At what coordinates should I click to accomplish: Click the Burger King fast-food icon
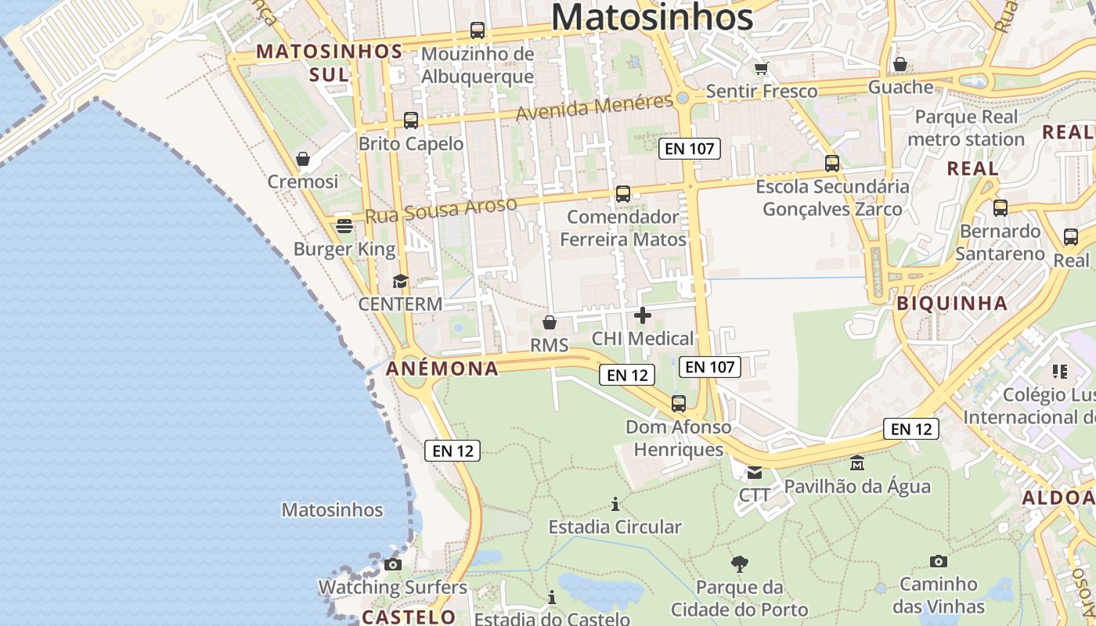[x=344, y=226]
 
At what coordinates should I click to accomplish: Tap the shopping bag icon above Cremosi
[x=303, y=160]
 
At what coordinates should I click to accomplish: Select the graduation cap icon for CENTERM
[x=400, y=282]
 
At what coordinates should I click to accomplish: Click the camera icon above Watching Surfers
[x=393, y=564]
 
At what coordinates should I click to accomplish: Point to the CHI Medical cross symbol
[x=643, y=315]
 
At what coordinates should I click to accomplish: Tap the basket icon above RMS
[x=550, y=322]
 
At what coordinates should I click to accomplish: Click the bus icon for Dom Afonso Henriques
[x=679, y=404]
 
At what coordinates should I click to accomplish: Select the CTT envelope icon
[x=754, y=472]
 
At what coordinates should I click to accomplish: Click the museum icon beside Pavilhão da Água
[x=857, y=463]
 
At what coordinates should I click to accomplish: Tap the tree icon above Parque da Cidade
[x=739, y=563]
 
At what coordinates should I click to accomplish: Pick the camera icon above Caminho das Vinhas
[x=939, y=561]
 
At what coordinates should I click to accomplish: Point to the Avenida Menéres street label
[x=594, y=107]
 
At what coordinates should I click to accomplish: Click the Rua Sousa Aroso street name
[x=442, y=210]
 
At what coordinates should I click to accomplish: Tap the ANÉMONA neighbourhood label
[x=442, y=369]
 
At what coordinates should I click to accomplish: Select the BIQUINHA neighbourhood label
[x=952, y=304]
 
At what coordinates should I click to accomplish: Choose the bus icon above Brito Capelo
[x=411, y=121]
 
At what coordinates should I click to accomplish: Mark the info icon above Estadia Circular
[x=615, y=504]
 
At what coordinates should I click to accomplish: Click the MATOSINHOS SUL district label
[x=329, y=63]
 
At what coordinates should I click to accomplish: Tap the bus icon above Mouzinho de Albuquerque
[x=478, y=31]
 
